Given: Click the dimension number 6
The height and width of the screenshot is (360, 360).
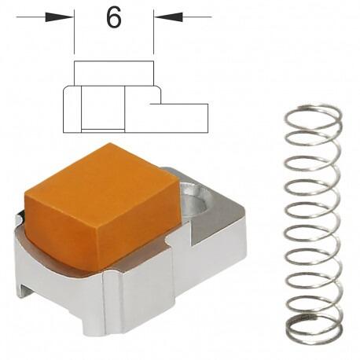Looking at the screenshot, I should point(114,18).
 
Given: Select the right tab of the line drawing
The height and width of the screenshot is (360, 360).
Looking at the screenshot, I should point(185,116).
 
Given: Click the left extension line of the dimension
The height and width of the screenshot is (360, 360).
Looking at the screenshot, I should point(75,35).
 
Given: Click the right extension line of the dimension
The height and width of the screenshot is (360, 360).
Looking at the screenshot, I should point(154,35).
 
